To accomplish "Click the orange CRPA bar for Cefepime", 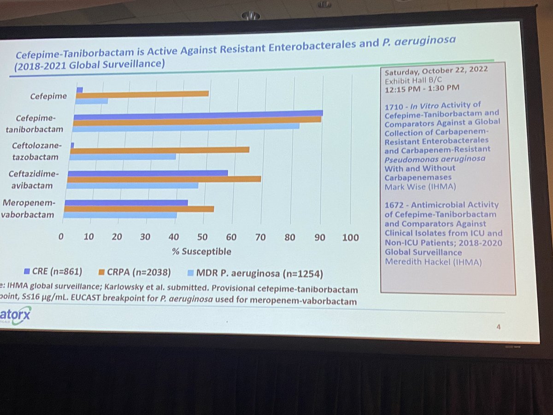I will (x=143, y=94).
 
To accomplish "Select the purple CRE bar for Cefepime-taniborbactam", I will (x=198, y=113).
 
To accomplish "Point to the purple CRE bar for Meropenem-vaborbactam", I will (x=127, y=202).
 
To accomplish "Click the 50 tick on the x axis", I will (x=202, y=237).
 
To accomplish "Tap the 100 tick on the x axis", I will (x=351, y=238).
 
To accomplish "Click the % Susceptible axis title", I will (x=201, y=252).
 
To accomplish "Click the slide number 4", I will (x=498, y=327).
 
